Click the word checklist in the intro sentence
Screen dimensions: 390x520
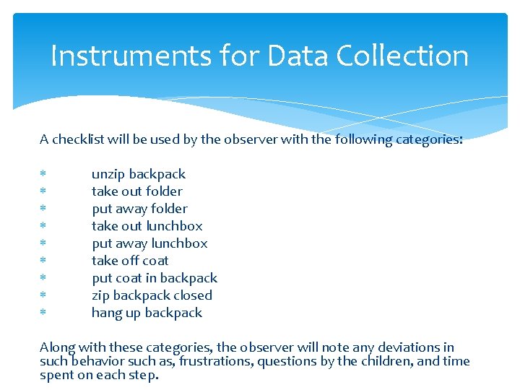(x=79, y=139)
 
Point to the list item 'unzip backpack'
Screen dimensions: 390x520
(x=138, y=174)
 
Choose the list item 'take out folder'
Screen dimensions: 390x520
(x=136, y=191)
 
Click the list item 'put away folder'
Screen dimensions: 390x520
(x=139, y=209)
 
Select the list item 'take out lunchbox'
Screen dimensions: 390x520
(x=147, y=226)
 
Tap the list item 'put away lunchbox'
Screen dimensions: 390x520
(x=149, y=243)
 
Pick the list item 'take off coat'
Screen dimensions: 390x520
(x=130, y=261)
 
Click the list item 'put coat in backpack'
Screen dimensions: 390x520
(x=154, y=278)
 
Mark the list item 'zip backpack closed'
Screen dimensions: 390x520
(x=152, y=295)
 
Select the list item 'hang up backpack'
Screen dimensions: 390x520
(x=147, y=313)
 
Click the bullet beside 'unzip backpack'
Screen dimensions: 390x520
(x=43, y=174)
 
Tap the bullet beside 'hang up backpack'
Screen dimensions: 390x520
(x=43, y=313)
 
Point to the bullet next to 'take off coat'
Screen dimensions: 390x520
(x=43, y=261)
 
